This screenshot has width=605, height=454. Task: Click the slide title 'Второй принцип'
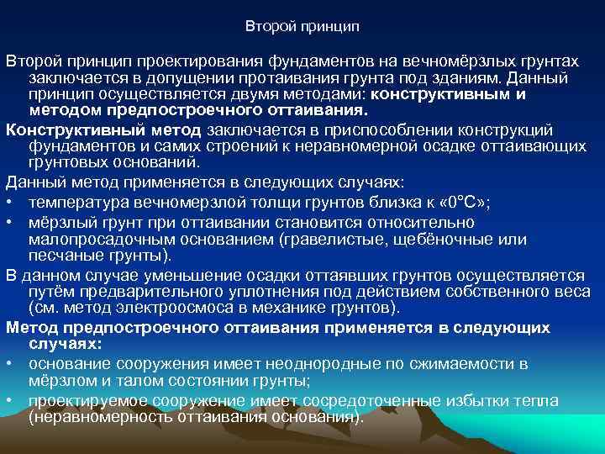(302, 27)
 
